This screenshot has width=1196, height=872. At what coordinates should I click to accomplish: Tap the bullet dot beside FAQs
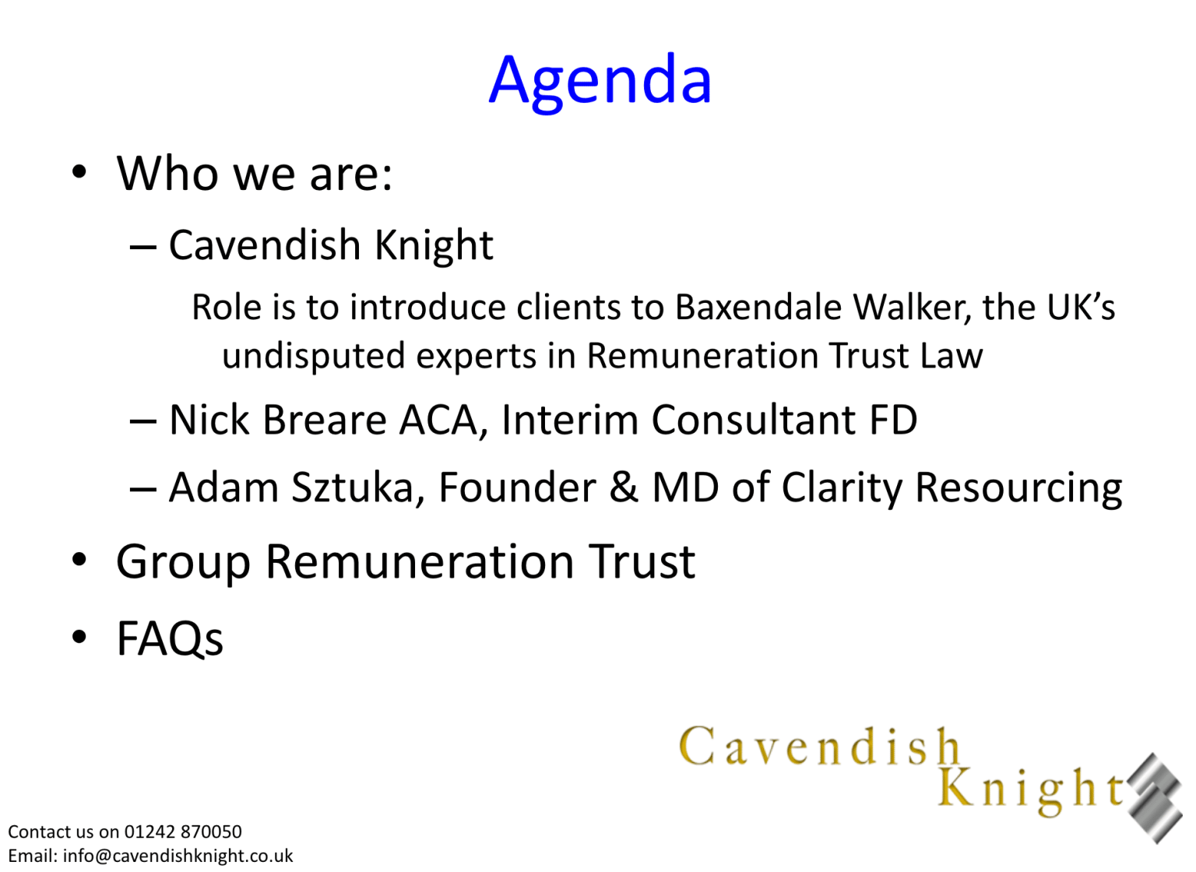pyautogui.click(x=79, y=637)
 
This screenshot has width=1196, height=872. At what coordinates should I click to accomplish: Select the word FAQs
pyautogui.click(x=170, y=638)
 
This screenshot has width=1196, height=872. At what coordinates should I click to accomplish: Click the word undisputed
pyautogui.click(x=313, y=356)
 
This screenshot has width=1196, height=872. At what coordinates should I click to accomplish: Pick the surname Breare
pyautogui.click(x=325, y=420)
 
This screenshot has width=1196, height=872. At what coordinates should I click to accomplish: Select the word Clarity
pyautogui.click(x=842, y=489)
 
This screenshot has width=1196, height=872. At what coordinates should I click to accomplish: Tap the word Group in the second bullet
pyautogui.click(x=183, y=563)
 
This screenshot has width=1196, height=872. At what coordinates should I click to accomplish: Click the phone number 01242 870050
pyautogui.click(x=183, y=832)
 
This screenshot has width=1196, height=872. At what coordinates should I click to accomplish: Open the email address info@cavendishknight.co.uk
pyautogui.click(x=178, y=856)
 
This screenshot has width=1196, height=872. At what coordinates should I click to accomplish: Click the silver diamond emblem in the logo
pyautogui.click(x=1155, y=798)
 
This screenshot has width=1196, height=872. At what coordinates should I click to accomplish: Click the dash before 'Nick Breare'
pyautogui.click(x=143, y=420)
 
